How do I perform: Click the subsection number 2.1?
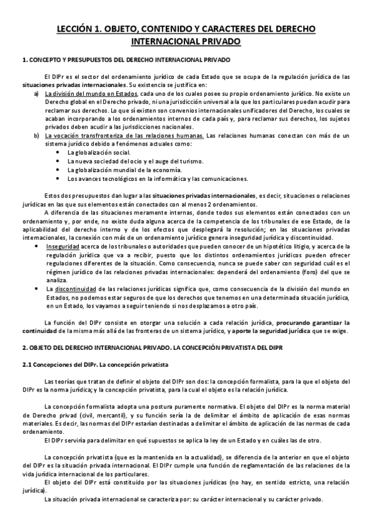27,364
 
